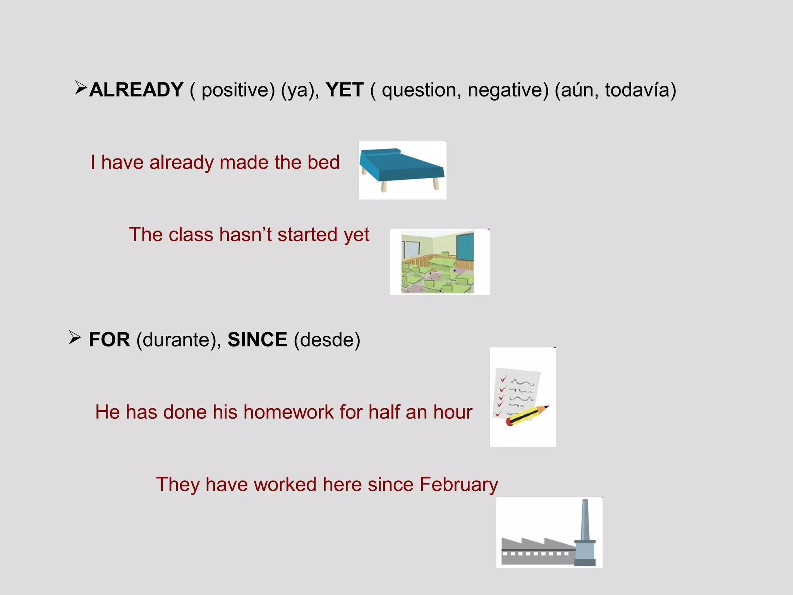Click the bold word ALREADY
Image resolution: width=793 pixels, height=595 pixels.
tap(136, 90)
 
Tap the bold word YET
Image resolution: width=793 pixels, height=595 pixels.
tap(344, 90)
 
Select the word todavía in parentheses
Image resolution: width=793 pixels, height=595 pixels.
tap(640, 90)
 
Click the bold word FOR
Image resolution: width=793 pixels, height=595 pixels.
tap(110, 340)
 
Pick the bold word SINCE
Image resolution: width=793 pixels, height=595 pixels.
tap(257, 340)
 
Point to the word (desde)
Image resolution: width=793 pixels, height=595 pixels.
tap(327, 340)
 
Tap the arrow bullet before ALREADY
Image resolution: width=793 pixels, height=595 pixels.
tap(81, 88)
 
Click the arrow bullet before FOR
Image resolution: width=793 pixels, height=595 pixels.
tap(75, 337)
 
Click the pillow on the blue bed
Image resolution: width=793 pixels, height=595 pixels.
tap(379, 151)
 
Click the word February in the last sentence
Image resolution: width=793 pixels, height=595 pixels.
tap(458, 485)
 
